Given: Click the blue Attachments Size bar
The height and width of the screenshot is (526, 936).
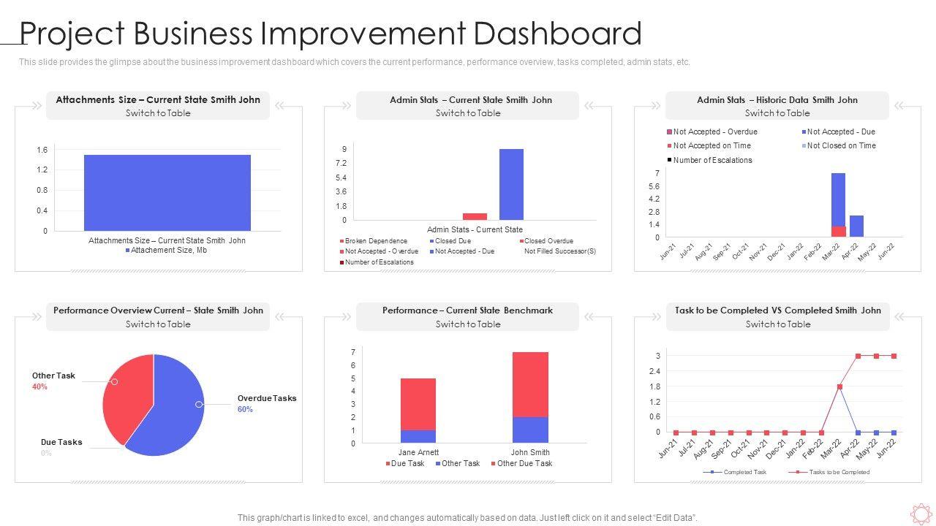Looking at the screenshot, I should click(x=167, y=192).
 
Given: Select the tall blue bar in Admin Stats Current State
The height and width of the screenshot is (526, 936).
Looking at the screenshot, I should click(x=511, y=184).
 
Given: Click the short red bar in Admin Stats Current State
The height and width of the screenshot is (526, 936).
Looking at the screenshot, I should click(x=475, y=216).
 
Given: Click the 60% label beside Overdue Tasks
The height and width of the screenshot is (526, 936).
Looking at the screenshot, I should click(x=245, y=410).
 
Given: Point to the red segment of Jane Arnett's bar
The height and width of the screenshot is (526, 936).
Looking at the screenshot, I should click(x=418, y=404).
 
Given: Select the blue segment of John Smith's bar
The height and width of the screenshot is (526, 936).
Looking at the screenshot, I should click(x=530, y=430).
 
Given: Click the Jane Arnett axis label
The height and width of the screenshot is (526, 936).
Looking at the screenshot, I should click(x=418, y=452).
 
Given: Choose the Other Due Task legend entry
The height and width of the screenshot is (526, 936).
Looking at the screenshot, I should click(x=521, y=464).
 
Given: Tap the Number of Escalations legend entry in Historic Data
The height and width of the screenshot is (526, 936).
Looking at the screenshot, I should click(x=712, y=160).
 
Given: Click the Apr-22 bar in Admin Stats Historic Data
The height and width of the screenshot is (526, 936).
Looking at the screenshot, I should click(x=856, y=226).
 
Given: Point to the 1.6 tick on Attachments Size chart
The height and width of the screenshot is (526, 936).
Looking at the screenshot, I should click(x=42, y=150).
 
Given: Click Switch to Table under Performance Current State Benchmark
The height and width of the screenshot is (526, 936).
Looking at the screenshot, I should click(x=468, y=324).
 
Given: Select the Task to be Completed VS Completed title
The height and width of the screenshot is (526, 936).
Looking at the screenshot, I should click(x=777, y=310).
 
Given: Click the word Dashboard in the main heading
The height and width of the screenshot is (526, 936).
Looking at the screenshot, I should click(x=557, y=34).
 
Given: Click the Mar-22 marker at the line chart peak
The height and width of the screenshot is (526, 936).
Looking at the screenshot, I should click(x=839, y=386).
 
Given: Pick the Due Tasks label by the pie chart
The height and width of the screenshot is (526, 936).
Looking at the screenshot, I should click(x=61, y=443).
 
